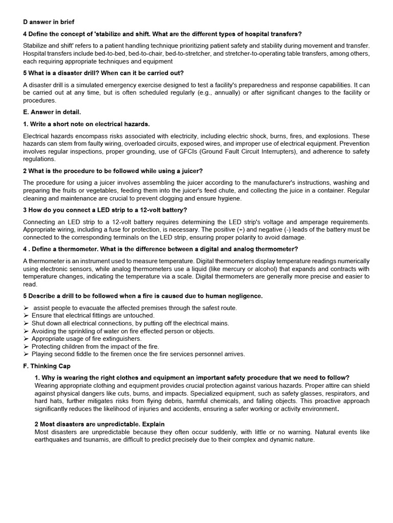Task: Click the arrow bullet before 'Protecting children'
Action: [x=26, y=346]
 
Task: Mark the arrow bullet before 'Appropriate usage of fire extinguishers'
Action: [x=26, y=339]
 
